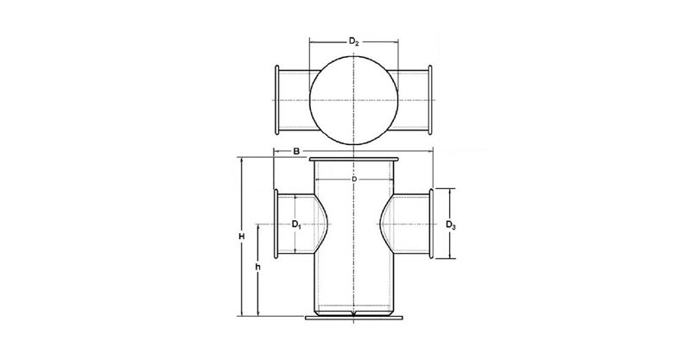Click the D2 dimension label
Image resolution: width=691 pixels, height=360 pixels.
tap(354, 41)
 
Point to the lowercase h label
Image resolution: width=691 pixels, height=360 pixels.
tap(258, 268)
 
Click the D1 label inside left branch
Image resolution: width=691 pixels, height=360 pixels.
tap(296, 224)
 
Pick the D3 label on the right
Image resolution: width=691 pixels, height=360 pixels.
tap(451, 225)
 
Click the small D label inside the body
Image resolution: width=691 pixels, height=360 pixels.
tap(354, 178)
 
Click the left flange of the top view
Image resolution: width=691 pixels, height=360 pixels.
tap(276, 99)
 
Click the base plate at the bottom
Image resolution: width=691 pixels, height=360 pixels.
tap(354, 319)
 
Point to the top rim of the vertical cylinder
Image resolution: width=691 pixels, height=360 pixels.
tap(354, 160)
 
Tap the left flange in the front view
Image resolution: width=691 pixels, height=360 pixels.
tap(276, 223)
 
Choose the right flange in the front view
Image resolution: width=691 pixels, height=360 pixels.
tap(433, 223)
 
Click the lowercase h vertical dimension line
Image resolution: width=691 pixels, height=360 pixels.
tap(258, 294)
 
